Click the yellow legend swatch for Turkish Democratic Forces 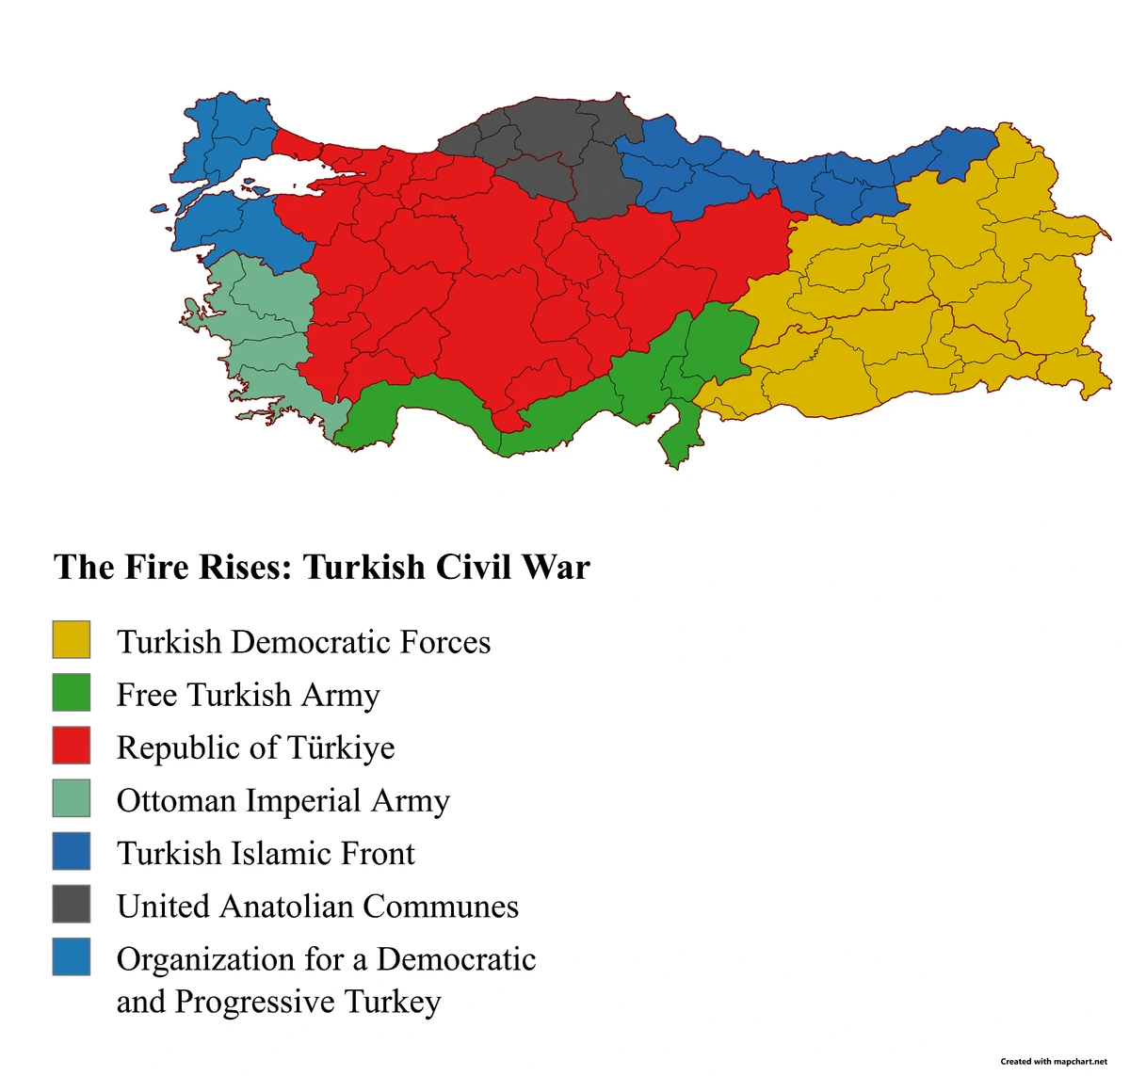72,639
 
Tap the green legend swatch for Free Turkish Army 72,692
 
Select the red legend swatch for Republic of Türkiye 72,745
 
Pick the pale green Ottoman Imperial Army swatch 72,797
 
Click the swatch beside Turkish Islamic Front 72,850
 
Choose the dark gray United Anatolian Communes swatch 72,903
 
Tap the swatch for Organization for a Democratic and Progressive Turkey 72,956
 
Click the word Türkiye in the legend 341,747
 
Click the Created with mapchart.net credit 1054,1061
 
